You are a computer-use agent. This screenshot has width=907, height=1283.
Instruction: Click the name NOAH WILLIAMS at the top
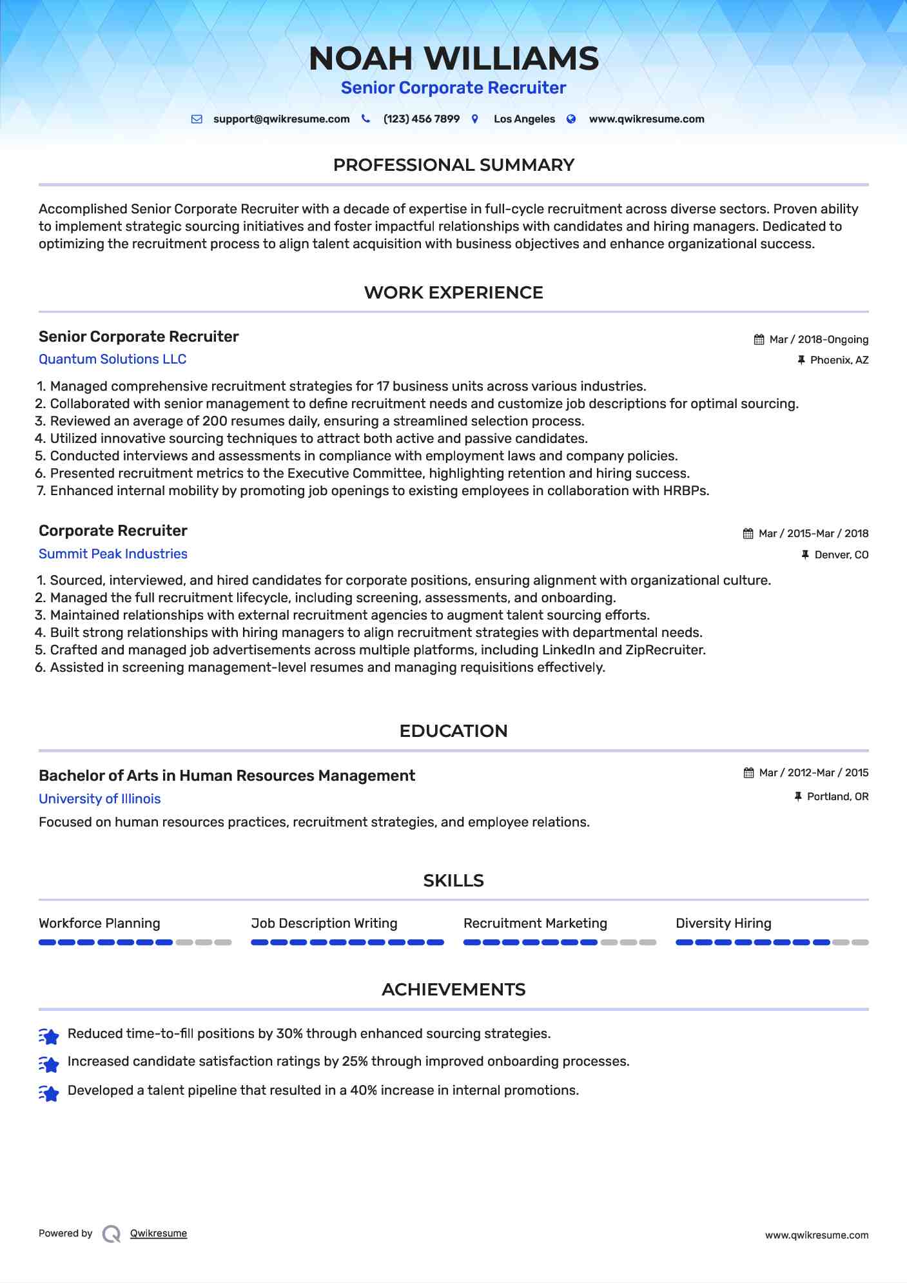453,59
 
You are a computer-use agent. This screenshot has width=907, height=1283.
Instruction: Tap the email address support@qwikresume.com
281,119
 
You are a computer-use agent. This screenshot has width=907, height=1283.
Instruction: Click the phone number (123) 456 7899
421,119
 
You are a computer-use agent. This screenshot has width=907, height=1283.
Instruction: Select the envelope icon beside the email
197,119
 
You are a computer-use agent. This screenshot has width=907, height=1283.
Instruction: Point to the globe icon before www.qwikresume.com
571,119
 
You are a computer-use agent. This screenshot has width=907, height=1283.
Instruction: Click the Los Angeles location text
524,119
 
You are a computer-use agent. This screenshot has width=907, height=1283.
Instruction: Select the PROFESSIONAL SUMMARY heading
453,165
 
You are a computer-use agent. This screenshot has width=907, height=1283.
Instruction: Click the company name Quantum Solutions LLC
112,359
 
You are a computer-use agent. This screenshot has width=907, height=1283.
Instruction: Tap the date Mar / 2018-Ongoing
819,340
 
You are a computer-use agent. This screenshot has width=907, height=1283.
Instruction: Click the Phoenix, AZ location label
839,360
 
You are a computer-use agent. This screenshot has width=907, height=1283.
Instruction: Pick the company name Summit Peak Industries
113,554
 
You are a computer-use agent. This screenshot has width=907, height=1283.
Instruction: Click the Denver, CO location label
841,555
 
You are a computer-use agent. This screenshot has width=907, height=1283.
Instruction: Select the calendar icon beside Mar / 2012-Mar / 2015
748,773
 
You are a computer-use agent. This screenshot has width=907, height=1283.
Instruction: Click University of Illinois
99,799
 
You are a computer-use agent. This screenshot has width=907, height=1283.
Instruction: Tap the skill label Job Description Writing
324,923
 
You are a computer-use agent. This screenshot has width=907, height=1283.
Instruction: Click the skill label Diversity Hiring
723,923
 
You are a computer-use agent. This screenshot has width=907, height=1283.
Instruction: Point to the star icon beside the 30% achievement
49,1035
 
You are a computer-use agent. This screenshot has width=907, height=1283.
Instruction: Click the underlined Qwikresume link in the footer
158,1233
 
